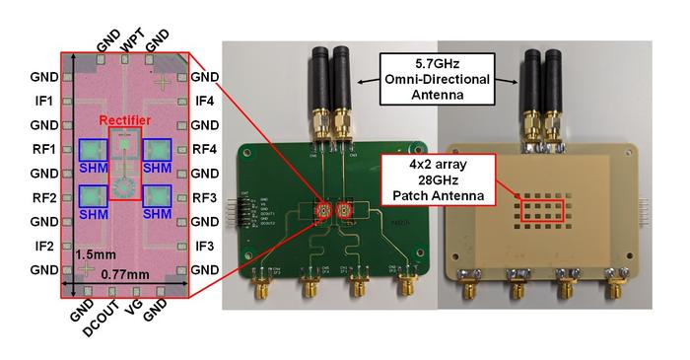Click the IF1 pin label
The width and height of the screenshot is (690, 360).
[x=42, y=101]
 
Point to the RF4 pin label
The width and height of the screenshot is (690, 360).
[x=205, y=150]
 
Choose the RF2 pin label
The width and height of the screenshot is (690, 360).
[x=42, y=197]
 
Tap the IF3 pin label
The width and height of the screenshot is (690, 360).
[x=205, y=246]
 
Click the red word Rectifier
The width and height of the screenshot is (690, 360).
[x=124, y=120]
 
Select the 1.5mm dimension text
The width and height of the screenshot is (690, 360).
[x=90, y=254]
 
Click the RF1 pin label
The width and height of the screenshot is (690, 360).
[x=42, y=150]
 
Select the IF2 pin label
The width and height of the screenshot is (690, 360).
[x=42, y=246]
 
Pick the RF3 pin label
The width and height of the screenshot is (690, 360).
[x=205, y=197]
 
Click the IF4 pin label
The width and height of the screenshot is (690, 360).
[x=205, y=101]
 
